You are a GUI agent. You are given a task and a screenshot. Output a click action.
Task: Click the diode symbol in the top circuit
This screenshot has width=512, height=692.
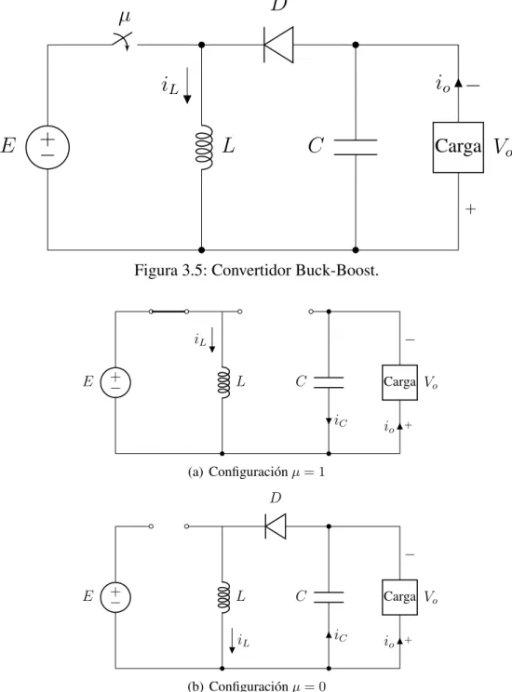278,45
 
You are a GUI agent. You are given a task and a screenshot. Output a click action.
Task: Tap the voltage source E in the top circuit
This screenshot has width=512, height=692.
47,147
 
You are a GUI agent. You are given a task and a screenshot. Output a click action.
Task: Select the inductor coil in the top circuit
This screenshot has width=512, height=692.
204,147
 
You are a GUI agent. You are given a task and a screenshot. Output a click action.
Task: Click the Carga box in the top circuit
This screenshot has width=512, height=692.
458,147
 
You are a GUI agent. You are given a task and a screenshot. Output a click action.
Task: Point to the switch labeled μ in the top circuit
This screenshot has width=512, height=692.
124,41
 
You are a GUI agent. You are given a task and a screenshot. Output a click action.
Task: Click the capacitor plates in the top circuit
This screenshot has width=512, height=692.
356,147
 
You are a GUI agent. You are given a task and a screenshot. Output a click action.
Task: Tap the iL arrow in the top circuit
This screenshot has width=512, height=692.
187,86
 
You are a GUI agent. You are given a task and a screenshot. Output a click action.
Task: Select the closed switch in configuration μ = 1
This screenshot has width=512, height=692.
168,312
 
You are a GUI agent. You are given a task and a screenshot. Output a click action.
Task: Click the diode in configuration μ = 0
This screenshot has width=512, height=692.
276,526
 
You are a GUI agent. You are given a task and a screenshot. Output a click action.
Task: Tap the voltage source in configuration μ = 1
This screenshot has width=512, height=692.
115,382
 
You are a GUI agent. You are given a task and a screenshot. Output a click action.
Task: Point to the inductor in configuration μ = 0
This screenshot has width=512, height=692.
223,597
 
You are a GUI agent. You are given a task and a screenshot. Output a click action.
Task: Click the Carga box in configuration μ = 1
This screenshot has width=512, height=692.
399,382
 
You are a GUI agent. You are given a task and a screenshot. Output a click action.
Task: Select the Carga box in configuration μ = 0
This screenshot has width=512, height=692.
399,597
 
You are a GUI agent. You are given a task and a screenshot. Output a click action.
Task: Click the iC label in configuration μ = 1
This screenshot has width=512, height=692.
341,420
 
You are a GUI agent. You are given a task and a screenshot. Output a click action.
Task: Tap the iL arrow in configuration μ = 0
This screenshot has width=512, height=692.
232,641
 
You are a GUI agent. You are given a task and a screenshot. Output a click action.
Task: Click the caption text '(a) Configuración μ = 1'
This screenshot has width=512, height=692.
256,472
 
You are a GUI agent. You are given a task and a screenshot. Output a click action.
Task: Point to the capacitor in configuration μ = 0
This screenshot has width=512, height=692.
329,597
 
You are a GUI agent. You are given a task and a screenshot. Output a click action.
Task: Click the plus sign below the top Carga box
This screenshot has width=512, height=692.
471,208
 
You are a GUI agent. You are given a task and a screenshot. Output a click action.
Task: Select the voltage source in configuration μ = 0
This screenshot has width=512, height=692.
115,597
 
